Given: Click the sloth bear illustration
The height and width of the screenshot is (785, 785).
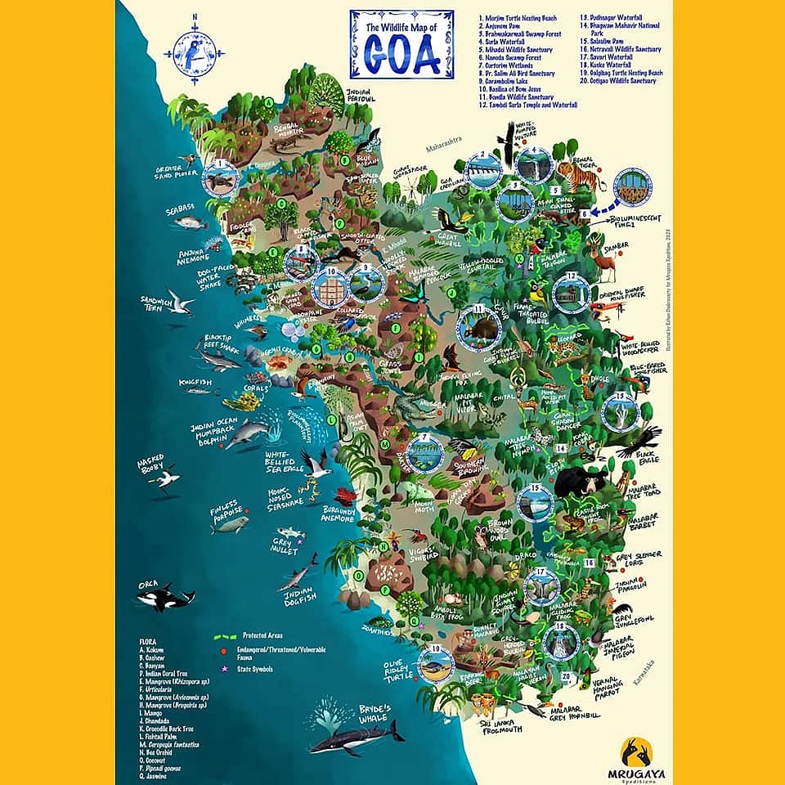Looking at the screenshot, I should pyautogui.click(x=580, y=482).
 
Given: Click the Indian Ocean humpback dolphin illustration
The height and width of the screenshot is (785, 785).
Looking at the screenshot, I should pyautogui.click(x=244, y=433).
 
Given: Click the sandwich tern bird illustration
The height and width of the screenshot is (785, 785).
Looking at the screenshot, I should pyautogui.click(x=178, y=302).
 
